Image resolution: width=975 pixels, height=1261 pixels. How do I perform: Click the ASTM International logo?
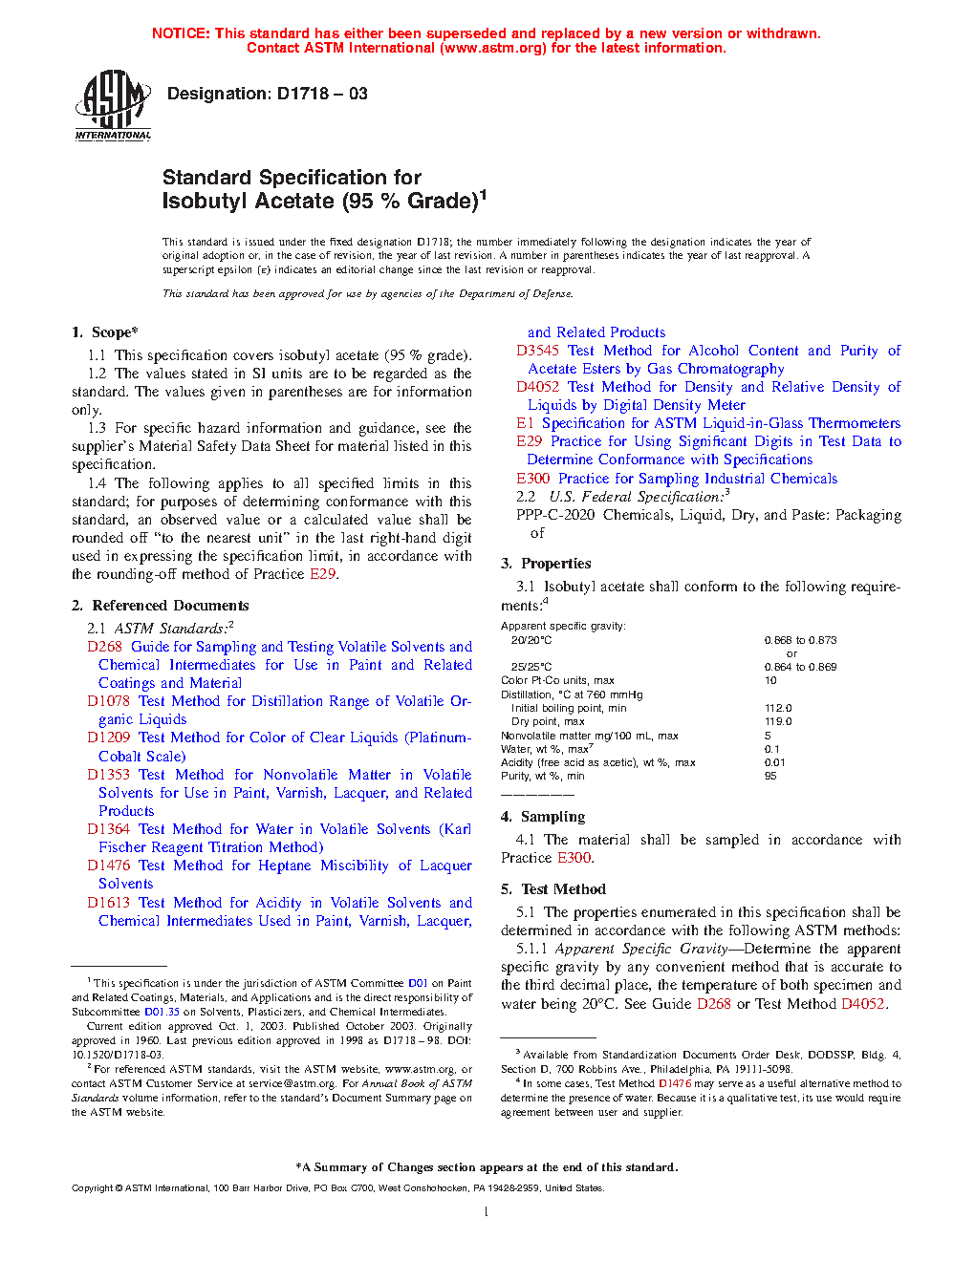click(113, 106)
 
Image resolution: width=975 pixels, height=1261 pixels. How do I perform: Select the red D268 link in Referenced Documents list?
click(104, 647)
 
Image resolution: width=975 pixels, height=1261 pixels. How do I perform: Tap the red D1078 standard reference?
click(108, 701)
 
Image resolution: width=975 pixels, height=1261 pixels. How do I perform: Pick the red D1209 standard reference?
click(108, 737)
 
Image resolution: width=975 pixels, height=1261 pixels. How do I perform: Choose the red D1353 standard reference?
click(108, 775)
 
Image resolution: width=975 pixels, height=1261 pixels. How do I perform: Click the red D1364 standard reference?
click(108, 829)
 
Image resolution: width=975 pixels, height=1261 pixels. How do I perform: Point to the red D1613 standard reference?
click(108, 903)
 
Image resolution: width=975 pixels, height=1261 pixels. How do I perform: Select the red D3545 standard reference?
click(537, 351)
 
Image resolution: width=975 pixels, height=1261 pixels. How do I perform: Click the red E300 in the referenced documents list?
click(532, 479)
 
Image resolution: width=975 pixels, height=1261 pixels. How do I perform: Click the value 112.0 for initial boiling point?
click(778, 708)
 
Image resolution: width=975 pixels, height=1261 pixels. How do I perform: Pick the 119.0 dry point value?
click(778, 721)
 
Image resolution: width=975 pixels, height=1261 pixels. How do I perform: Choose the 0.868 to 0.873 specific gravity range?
click(800, 640)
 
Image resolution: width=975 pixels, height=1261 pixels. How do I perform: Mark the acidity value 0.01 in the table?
click(774, 762)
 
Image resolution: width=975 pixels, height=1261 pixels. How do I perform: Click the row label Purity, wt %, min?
click(543, 776)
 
